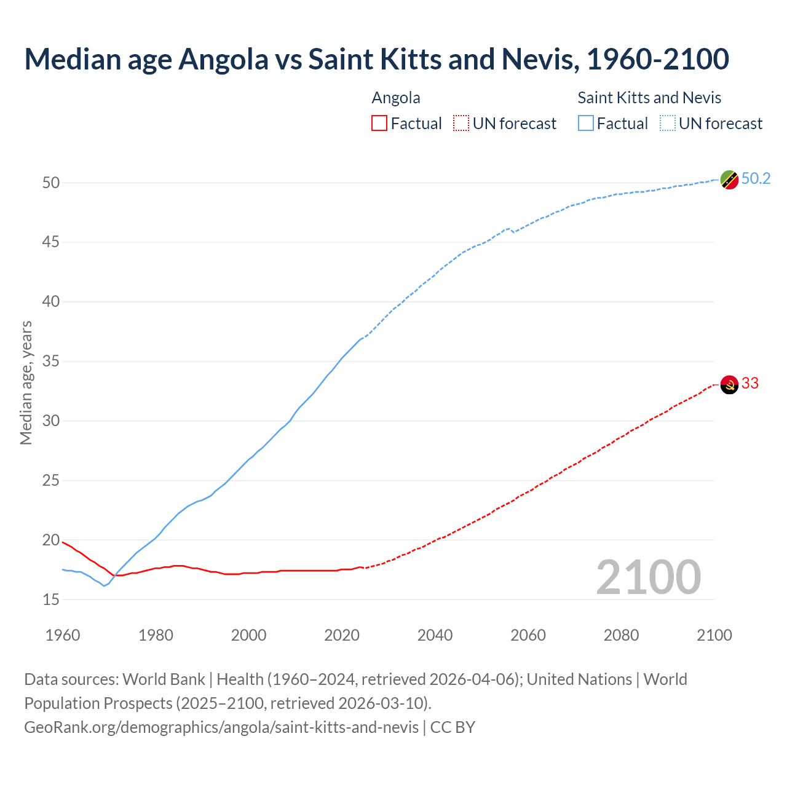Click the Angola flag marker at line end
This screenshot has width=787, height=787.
pyautogui.click(x=729, y=385)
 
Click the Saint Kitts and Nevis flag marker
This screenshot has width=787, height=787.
pyautogui.click(x=729, y=180)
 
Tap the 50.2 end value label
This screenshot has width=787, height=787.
pyautogui.click(x=756, y=178)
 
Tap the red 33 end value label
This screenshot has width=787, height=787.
pyautogui.click(x=750, y=383)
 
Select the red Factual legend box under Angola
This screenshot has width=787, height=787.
pyautogui.click(x=379, y=123)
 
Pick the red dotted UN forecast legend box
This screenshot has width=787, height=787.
pyautogui.click(x=461, y=123)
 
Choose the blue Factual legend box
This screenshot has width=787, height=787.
pyautogui.click(x=586, y=123)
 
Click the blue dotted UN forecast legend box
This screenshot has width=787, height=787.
pyautogui.click(x=668, y=123)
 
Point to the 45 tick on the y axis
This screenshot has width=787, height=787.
pyautogui.click(x=51, y=242)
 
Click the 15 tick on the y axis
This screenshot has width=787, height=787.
pyautogui.click(x=51, y=599)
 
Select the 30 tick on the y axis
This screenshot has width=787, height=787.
pyautogui.click(x=51, y=421)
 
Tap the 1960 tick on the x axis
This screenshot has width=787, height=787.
pyautogui.click(x=63, y=635)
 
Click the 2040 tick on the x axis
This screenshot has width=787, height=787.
pyautogui.click(x=435, y=635)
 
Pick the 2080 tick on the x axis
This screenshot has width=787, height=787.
pyautogui.click(x=621, y=635)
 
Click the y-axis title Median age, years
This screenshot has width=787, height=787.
pyautogui.click(x=26, y=382)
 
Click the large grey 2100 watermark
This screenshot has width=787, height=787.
pyautogui.click(x=649, y=577)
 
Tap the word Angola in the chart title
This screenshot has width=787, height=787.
pyautogui.click(x=224, y=59)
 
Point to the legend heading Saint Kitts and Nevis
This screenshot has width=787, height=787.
pyautogui.click(x=649, y=98)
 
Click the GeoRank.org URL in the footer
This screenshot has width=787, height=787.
pyautogui.click(x=221, y=727)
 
